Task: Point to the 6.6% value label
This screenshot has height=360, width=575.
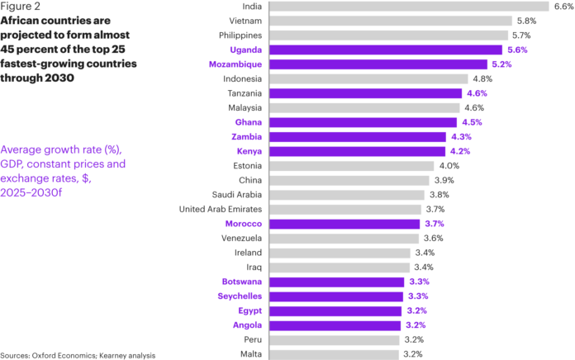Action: point(563,7)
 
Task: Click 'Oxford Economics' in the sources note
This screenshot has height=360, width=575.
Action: point(65,355)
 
